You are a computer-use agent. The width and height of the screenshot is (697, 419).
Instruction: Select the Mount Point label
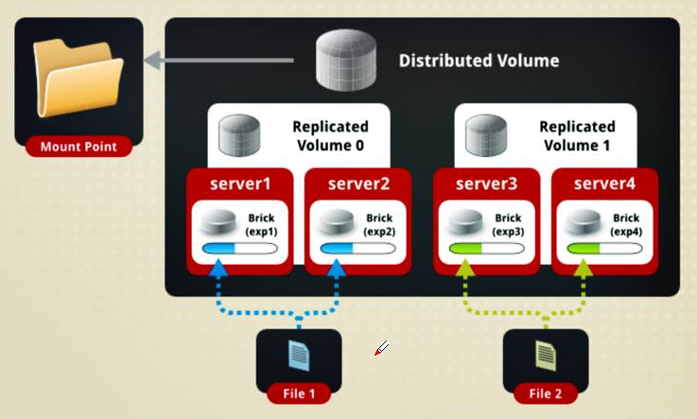tap(78, 148)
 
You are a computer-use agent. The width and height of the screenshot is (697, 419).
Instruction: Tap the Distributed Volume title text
tap(479, 61)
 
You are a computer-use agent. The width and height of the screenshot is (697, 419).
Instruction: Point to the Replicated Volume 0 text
tap(330, 136)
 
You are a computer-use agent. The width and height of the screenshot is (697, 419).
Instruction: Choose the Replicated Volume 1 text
tap(577, 136)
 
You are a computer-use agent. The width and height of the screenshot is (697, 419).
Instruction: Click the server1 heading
tap(241, 183)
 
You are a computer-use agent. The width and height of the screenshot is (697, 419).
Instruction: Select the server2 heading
tap(357, 183)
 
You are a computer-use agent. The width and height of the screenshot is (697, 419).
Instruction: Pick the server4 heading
tap(604, 183)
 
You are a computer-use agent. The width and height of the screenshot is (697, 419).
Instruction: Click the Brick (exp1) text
tap(261, 224)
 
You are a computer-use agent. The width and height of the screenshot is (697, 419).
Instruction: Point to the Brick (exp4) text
tap(625, 224)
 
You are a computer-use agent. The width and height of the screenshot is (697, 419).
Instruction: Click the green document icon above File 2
tap(546, 355)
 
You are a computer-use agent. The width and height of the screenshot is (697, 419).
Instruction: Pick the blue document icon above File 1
tap(298, 355)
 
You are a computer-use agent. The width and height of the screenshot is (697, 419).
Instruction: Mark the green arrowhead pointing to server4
tap(584, 270)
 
